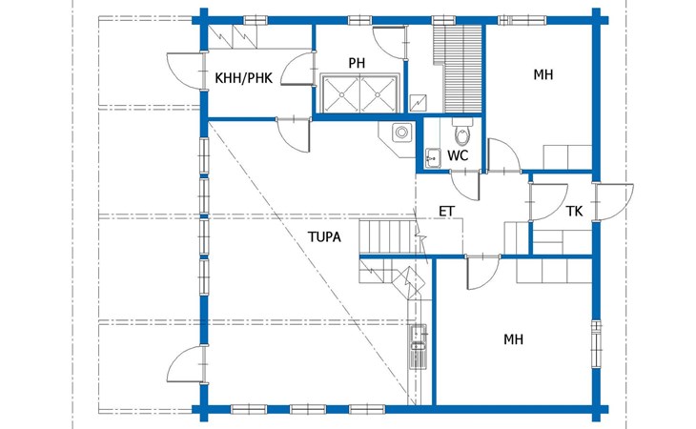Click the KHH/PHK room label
[x=243, y=78]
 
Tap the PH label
[x=357, y=63]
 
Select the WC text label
[x=458, y=155]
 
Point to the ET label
[x=447, y=212]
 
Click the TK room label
[x=574, y=212]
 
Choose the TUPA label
[x=324, y=237]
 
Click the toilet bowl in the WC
[x=461, y=133]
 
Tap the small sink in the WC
[x=432, y=158]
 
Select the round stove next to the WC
[x=401, y=133]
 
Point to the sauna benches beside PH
[x=458, y=69]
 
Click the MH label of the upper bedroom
[x=543, y=74]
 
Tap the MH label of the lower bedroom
[x=513, y=339]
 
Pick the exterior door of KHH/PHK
[x=186, y=71]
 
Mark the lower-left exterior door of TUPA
[x=186, y=365]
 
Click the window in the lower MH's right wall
[x=596, y=344]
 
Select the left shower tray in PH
[x=341, y=94]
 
